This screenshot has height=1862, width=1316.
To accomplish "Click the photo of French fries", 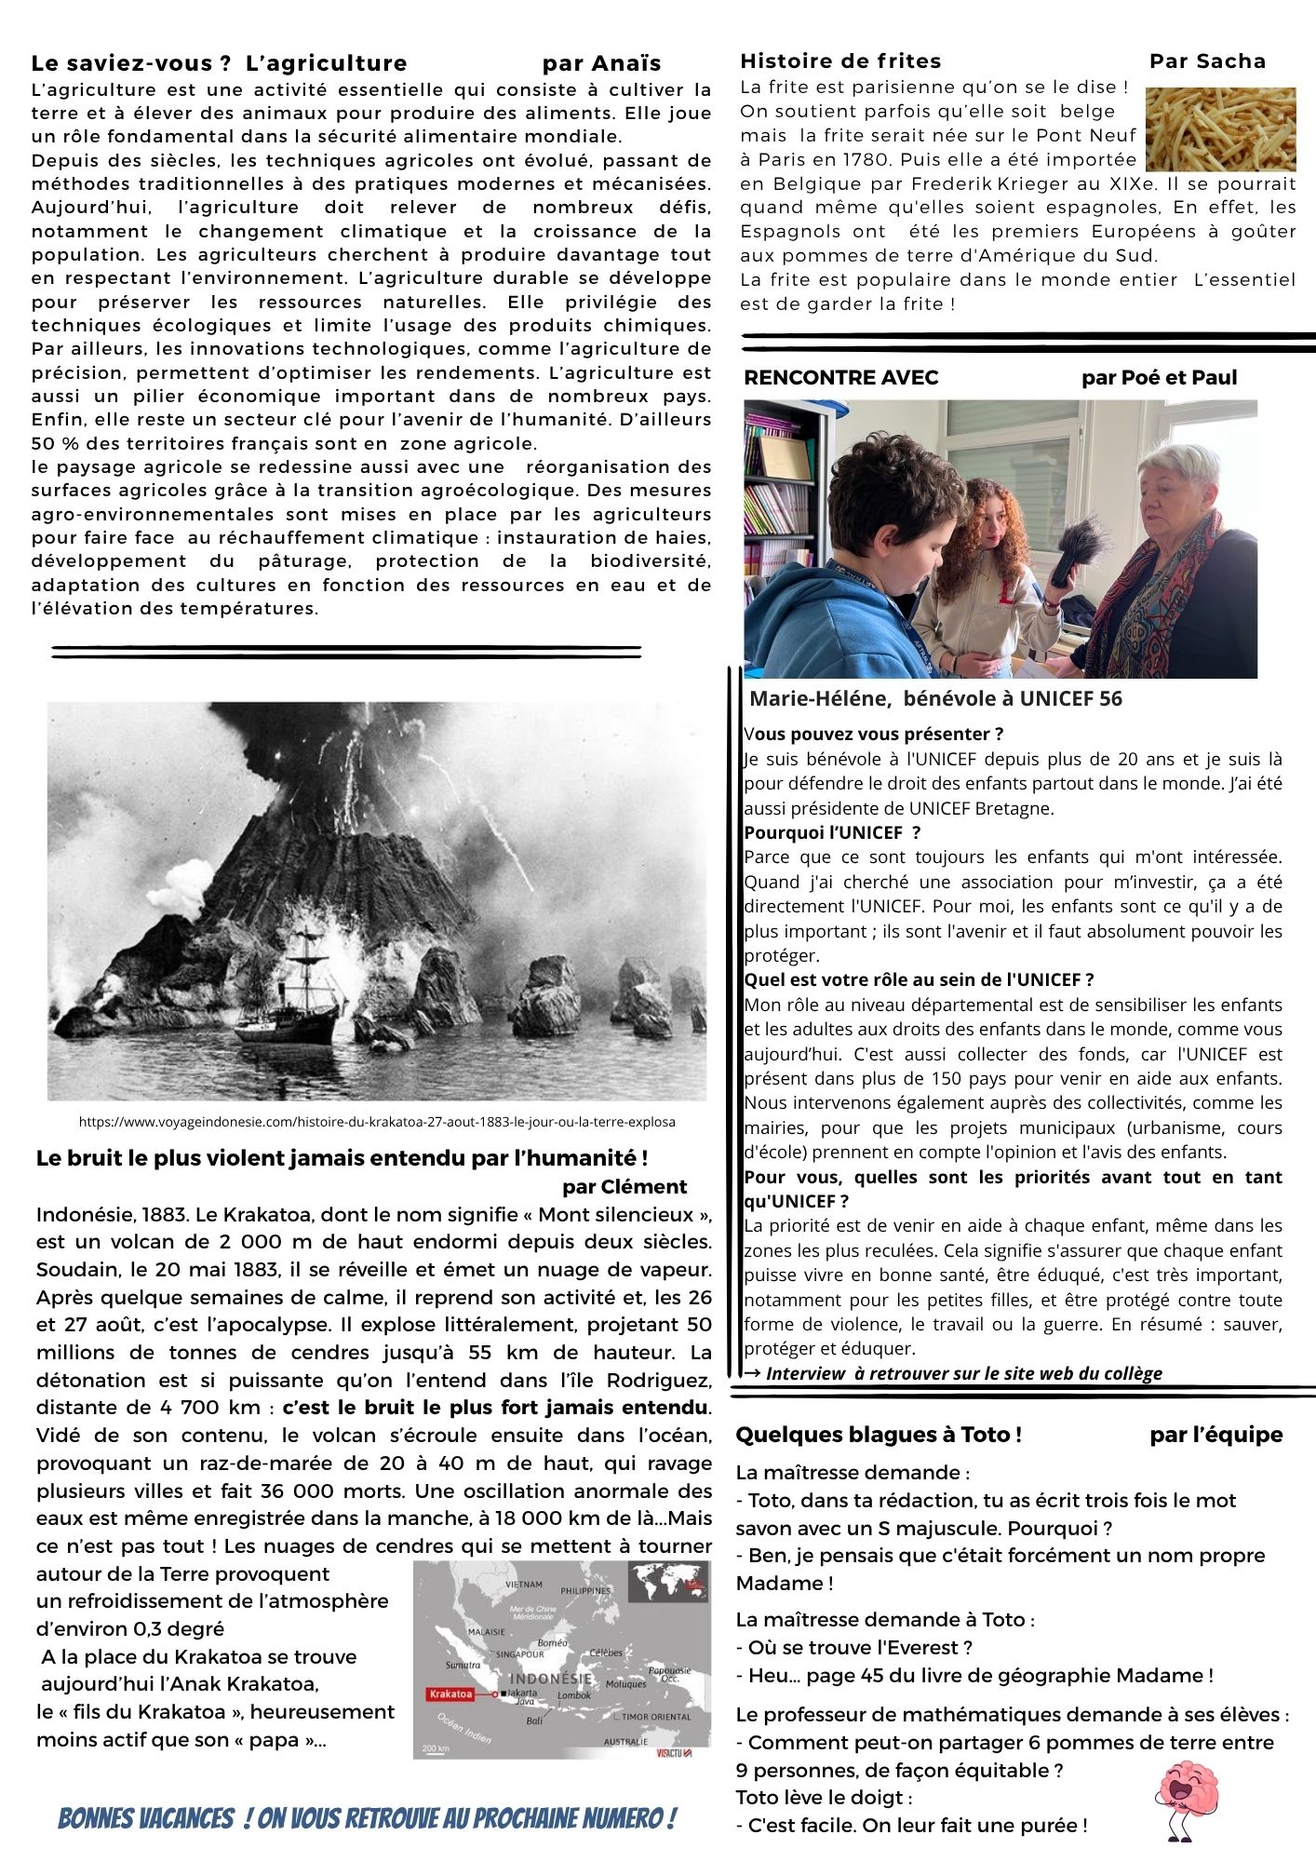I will (x=1219, y=128).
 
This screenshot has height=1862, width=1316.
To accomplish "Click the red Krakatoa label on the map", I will (x=450, y=1693).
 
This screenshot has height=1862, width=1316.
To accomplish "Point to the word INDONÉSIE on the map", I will (x=550, y=1678).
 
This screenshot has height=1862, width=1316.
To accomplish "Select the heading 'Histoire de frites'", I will (x=840, y=61).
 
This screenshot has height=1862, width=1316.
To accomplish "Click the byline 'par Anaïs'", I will (x=601, y=63).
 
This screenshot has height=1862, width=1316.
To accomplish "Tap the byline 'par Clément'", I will (x=624, y=1187).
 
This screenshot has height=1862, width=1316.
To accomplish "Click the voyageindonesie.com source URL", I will (x=377, y=1122).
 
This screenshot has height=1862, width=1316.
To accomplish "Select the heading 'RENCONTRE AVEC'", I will (x=841, y=377).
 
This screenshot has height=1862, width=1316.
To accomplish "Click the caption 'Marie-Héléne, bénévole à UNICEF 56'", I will (x=935, y=698).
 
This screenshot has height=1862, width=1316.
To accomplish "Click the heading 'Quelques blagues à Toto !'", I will (x=879, y=1435).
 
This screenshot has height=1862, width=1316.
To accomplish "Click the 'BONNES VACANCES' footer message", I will (x=367, y=1817).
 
